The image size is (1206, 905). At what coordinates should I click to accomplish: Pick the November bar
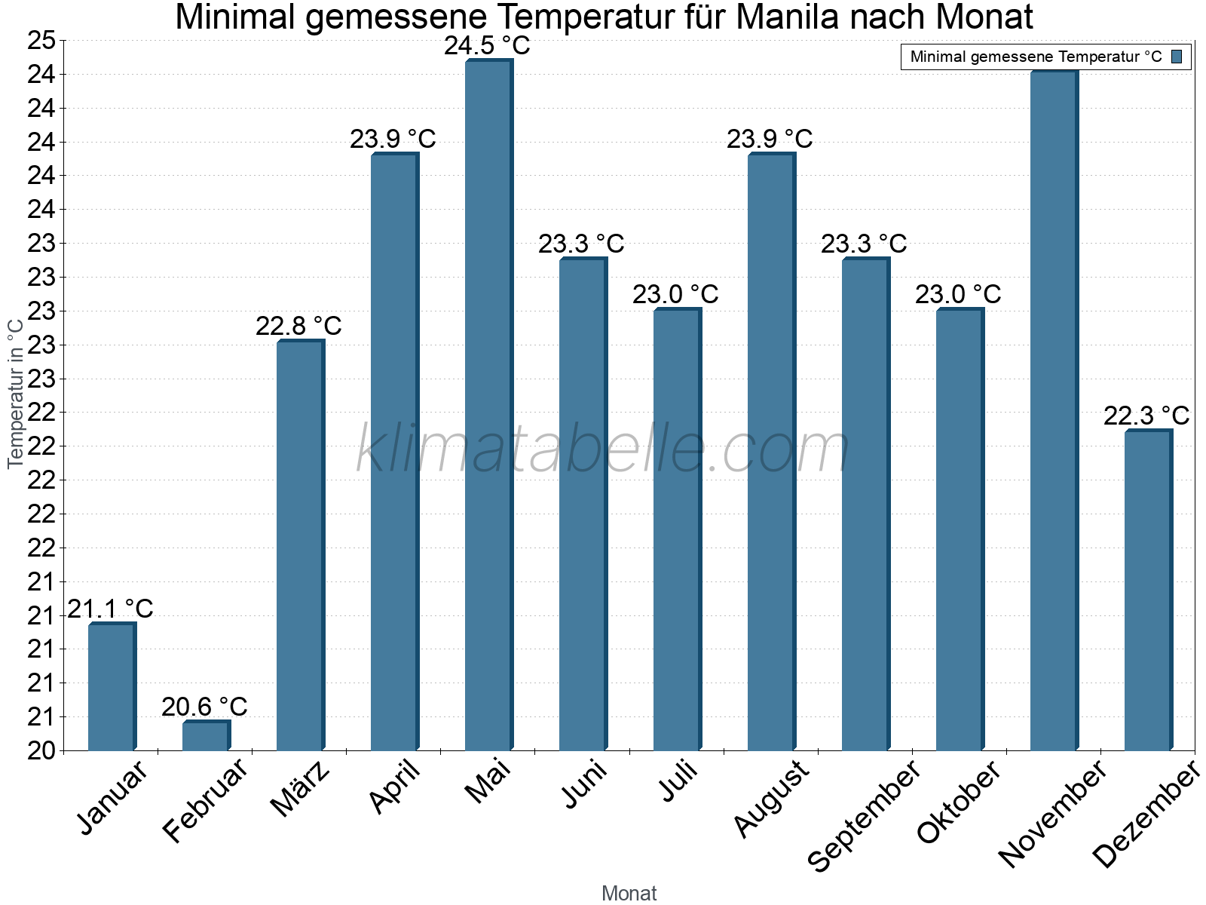pyautogui.click(x=1054, y=410)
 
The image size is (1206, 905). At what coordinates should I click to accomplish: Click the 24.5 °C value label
pyautogui.click(x=487, y=46)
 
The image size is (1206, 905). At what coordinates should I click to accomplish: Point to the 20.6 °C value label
pyautogui.click(x=204, y=707)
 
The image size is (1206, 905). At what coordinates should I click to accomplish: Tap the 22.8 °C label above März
pyautogui.click(x=298, y=326)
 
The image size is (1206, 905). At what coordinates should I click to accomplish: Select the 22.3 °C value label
pyautogui.click(x=1146, y=416)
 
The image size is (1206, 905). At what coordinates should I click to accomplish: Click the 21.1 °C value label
pyautogui.click(x=110, y=609)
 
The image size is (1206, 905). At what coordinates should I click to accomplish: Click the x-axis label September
pyautogui.click(x=864, y=814)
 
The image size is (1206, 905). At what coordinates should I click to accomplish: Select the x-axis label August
pyautogui.click(x=770, y=798)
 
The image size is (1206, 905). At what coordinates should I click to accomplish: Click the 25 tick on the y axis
pyautogui.click(x=41, y=41)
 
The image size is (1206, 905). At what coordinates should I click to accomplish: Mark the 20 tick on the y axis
pyautogui.click(x=41, y=750)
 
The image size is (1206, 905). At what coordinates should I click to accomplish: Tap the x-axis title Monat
pyautogui.click(x=629, y=893)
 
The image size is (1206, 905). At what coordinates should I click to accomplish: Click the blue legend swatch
pyautogui.click(x=1177, y=57)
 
